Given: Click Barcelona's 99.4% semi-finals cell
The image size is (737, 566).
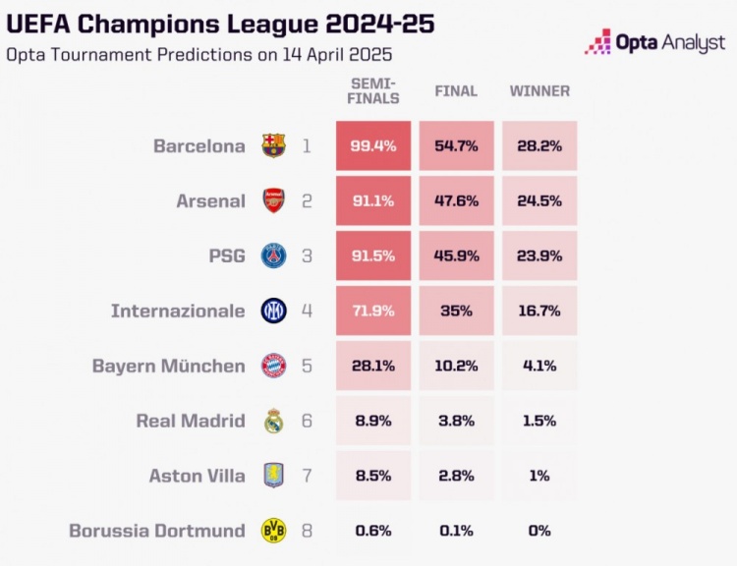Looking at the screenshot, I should tap(372, 146).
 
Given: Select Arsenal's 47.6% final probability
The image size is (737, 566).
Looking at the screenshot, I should tap(456, 201).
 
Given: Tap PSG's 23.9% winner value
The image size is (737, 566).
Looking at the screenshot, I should tap(539, 256).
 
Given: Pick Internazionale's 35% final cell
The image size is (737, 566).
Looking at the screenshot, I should tap(456, 311).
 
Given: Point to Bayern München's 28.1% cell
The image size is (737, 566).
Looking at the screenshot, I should tap(372, 367).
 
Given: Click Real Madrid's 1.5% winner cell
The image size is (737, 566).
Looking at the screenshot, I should tap(539, 422).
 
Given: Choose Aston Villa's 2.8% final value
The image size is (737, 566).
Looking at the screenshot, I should tap(456, 477).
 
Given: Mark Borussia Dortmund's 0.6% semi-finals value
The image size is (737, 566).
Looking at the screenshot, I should tap(372, 532).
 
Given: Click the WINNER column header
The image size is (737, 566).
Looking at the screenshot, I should tap(539, 91).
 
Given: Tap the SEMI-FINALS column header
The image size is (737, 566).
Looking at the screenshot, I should tap(373, 91).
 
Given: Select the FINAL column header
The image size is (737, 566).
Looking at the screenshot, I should tap(456, 91).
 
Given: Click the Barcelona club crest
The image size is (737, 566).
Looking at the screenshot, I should tap(273, 146).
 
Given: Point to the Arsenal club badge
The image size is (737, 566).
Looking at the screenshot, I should tap(273, 201).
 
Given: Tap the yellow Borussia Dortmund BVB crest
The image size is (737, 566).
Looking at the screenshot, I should tap(273, 532).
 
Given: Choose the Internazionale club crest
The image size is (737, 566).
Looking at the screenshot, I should tap(273, 311).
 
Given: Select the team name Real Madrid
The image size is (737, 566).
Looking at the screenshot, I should tap(191, 422).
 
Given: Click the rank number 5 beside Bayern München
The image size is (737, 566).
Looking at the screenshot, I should tap(306, 367).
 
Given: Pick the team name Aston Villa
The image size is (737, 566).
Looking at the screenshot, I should tap(197, 477).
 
